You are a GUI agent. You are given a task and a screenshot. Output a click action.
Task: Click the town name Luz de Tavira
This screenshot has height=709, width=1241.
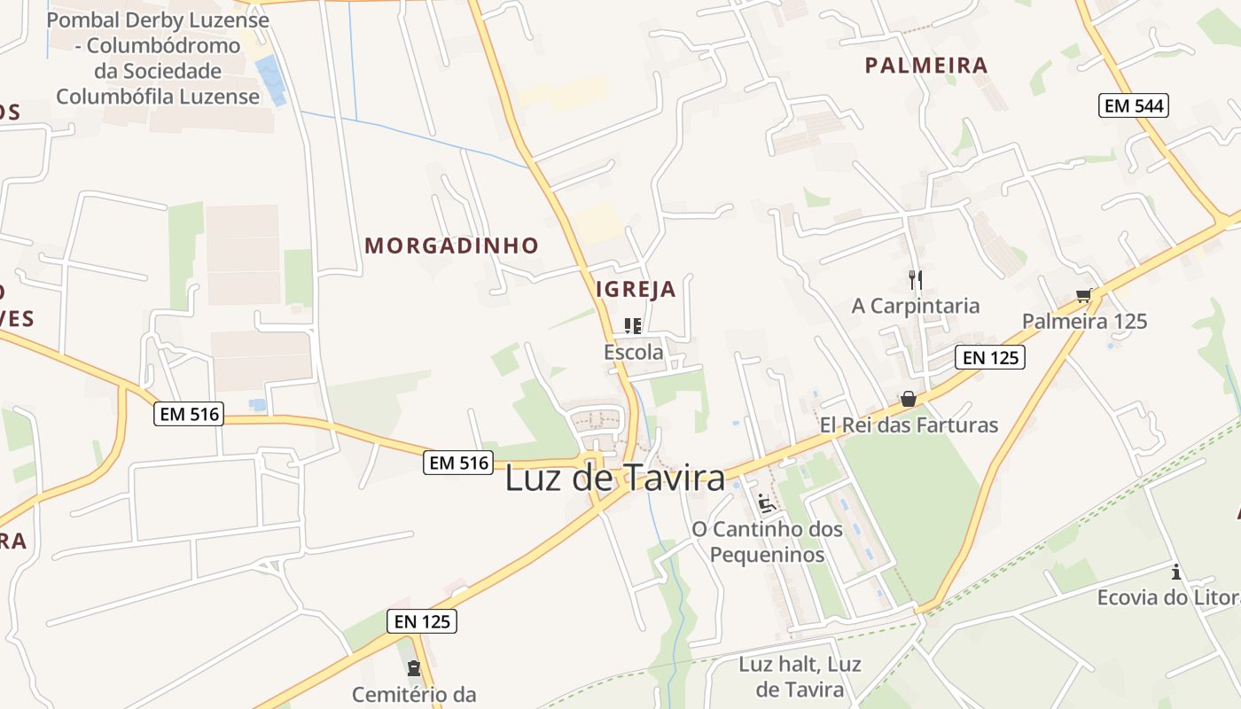614,479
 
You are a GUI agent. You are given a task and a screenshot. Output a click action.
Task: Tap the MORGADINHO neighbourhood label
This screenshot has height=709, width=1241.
452,245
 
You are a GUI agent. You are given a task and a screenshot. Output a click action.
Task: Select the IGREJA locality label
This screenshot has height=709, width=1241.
636,289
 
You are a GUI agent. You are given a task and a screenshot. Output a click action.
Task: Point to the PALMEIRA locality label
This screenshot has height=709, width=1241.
926,65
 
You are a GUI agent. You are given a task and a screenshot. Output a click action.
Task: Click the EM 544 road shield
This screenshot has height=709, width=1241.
1134,106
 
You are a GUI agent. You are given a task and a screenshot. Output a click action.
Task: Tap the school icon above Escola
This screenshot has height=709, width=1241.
633,326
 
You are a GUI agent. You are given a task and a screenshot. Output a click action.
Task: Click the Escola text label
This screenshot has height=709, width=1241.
633,352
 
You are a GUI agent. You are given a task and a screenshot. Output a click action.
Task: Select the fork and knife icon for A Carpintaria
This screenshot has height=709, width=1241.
916,280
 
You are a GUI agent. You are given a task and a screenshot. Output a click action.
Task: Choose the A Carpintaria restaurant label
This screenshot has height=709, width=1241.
916,306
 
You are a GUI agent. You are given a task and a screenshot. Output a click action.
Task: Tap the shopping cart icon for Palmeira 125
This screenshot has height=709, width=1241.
1083,295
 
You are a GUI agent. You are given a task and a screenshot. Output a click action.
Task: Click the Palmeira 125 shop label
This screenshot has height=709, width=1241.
1084,321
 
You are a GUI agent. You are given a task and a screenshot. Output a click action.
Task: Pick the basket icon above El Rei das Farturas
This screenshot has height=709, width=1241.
909,399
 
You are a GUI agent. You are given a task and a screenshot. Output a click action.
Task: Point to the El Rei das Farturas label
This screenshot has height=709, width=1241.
909,425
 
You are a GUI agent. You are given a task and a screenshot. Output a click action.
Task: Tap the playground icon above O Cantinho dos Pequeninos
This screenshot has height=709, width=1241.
767,503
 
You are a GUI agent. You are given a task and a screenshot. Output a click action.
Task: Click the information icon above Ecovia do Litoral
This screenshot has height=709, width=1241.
1176,572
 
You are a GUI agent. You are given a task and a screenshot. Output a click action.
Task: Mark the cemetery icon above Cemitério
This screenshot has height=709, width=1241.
413,668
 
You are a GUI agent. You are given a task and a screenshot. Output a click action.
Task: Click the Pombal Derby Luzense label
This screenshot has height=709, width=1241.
158,58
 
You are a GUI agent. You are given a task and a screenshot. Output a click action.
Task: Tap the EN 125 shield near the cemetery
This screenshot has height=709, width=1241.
423,622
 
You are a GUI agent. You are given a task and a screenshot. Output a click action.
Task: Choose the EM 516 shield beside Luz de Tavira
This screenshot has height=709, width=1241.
457,463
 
